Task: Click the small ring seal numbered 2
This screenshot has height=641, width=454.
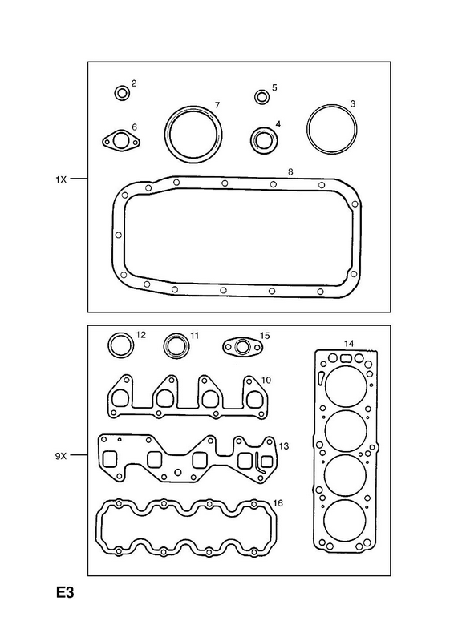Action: tap(122, 88)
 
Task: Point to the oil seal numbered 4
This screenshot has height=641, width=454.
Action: tap(253, 141)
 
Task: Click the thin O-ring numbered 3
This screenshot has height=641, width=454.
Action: tap(308, 130)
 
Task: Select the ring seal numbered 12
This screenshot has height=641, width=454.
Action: tap(110, 346)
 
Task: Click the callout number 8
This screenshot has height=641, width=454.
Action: tap(290, 172)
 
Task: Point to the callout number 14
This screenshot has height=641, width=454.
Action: tap(349, 344)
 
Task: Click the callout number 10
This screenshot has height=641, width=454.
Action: tap(266, 380)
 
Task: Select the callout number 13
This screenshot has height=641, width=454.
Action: tap(283, 445)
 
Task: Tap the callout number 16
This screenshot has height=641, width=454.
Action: tap(278, 503)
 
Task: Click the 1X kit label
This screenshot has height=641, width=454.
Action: tap(61, 179)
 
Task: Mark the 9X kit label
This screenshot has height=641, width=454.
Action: tap(61, 456)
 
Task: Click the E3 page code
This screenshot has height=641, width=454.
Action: tap(65, 592)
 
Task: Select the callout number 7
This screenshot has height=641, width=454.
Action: tap(217, 105)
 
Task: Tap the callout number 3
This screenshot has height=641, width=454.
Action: tap(352, 104)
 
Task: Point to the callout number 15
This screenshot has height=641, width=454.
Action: tap(265, 336)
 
